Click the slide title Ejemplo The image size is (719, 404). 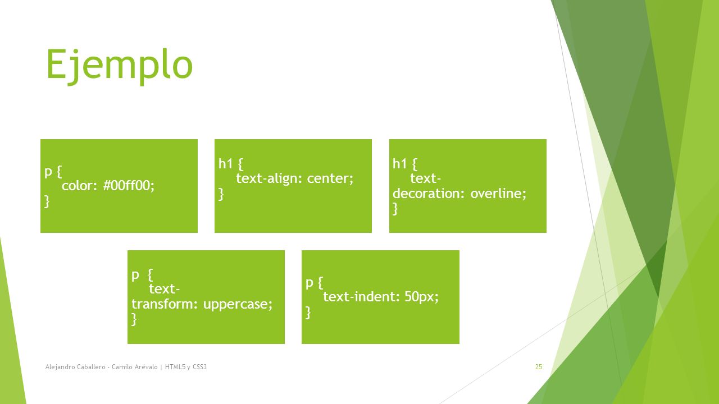pos(120,66)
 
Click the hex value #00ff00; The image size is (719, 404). pos(129,186)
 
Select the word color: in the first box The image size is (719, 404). pos(79,186)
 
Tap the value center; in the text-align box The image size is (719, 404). pos(330,178)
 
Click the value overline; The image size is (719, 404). pos(498,194)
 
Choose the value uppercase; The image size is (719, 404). pos(238,304)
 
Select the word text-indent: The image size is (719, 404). pos(361,297)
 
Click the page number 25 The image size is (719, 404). pos(539,367)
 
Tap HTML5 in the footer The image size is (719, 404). pos(175,367)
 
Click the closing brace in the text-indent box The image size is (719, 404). pos(308,313)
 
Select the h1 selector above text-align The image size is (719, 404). pos(225,164)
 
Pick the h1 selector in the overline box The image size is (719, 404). pos(399,164)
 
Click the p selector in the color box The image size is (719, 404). pos(48,172)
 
